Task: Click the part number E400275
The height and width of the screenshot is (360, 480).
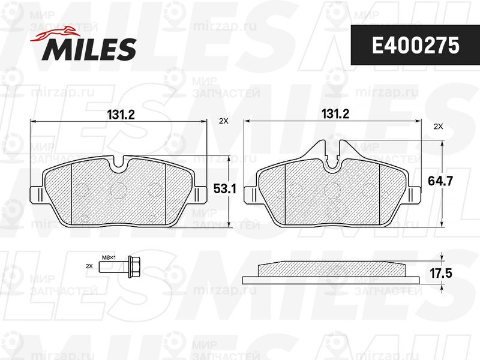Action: (x=415, y=46)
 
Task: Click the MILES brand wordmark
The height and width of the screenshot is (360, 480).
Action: (x=89, y=49)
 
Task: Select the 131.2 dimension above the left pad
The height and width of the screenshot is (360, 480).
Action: (x=121, y=115)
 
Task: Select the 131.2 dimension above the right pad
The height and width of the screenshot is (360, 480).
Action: (x=335, y=114)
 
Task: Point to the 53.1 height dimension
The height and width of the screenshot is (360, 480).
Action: (x=224, y=189)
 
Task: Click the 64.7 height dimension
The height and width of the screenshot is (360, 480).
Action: (x=440, y=181)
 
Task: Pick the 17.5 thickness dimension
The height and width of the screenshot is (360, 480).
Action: (x=441, y=273)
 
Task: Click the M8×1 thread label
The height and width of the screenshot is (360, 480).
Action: (x=109, y=257)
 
